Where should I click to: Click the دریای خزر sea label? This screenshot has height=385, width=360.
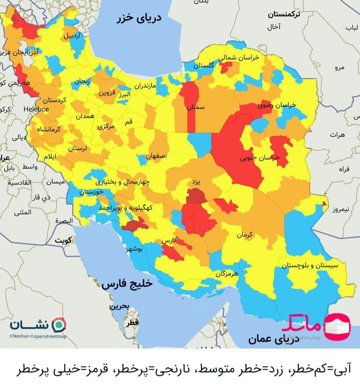[x=139, y=18]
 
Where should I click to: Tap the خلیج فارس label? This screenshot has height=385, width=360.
[x=127, y=284]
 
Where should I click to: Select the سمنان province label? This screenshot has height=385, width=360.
[x=196, y=107]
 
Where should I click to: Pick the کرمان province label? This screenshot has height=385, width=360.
[x=245, y=235]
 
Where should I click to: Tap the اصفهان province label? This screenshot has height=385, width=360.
[x=156, y=156]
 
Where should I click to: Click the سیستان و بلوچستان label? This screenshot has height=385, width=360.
[x=310, y=265]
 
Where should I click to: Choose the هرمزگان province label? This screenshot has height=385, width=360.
[x=227, y=274]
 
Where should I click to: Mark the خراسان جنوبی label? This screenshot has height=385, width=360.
[x=260, y=158]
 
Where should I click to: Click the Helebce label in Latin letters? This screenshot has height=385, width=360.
[x=36, y=109]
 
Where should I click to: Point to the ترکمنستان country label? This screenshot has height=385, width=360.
[x=284, y=14]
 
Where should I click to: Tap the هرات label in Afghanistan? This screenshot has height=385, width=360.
[x=337, y=135]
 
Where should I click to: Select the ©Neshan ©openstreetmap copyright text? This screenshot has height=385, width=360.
[x=38, y=336]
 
